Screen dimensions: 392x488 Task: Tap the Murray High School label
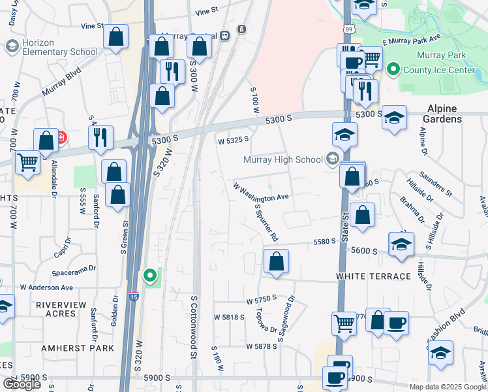283,159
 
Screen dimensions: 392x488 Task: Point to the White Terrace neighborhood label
374,276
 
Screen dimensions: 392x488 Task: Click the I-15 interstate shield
134,296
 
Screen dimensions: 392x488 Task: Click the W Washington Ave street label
261,191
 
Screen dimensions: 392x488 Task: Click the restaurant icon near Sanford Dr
100,137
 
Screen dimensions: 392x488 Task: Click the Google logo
22,384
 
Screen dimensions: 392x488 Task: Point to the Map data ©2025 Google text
448,387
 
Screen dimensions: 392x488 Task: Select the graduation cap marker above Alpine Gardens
394,118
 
